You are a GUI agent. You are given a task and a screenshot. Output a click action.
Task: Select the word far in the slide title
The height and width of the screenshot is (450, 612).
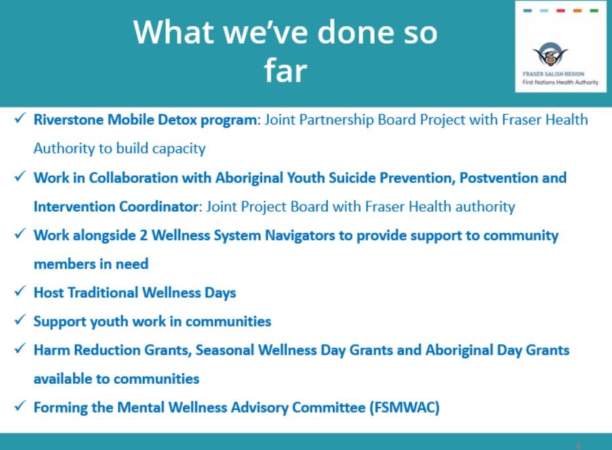(285, 71)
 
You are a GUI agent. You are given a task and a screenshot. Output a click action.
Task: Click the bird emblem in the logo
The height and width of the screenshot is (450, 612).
(550, 54)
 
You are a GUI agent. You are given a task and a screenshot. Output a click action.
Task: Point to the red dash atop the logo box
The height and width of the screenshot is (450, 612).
(561, 10)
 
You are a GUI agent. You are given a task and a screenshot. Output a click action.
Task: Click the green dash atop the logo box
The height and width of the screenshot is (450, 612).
(594, 10)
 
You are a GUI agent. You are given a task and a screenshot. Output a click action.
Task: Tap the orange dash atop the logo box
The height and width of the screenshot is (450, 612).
(578, 10)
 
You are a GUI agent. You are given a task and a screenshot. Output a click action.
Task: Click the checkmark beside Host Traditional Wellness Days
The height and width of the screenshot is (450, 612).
(20, 291)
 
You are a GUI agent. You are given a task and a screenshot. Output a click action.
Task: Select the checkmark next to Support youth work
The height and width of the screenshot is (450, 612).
(20, 319)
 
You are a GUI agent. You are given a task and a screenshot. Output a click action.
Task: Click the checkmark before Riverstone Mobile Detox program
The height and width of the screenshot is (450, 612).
(20, 118)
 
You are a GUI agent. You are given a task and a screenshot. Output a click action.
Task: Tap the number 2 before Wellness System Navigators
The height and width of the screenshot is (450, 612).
(143, 235)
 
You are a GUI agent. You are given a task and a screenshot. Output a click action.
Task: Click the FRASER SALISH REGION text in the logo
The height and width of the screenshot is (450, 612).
(554, 74)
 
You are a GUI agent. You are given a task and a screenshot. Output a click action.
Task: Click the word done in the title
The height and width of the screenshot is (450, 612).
(354, 32)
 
